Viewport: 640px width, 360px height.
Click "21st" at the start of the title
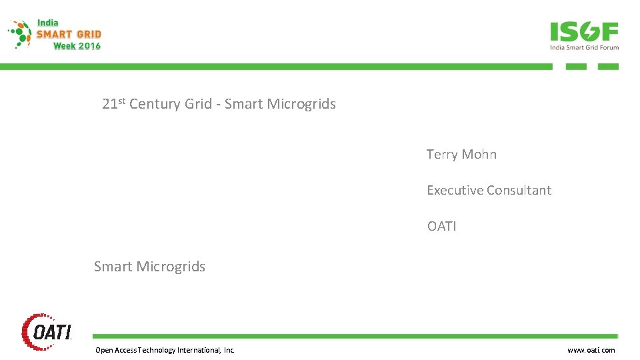[114, 104]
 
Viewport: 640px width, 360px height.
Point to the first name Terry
[442, 155]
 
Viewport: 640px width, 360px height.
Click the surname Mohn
[479, 155]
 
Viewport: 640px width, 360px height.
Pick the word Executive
[455, 191]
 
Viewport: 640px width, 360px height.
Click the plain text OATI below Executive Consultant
[442, 227]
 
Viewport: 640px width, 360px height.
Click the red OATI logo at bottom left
[47, 331]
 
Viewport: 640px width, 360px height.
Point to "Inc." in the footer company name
[229, 350]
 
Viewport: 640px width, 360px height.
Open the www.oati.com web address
[591, 350]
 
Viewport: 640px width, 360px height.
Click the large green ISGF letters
[584, 32]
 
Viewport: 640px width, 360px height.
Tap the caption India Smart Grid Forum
[584, 47]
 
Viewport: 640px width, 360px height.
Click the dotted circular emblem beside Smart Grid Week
[21, 34]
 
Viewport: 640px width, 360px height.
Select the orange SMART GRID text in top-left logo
[69, 34]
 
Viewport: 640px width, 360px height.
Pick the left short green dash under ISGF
[576, 67]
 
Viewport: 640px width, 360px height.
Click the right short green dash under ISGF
[608, 67]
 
